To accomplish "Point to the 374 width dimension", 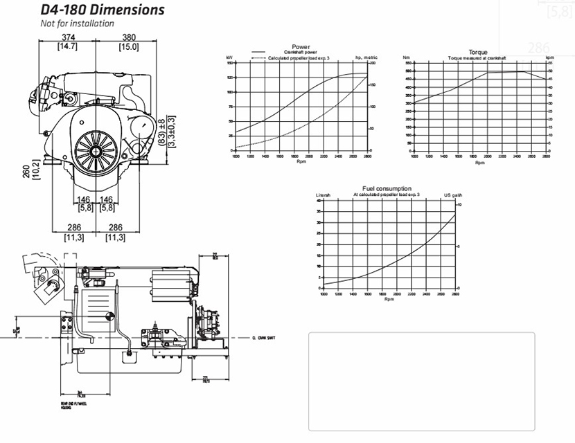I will (x=67, y=37).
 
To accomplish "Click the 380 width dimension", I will (x=128, y=37).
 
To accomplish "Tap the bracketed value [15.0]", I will (x=128, y=47).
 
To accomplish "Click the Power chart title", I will (x=301, y=47).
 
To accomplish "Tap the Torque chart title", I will (x=478, y=52).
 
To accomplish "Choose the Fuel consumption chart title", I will (x=387, y=188).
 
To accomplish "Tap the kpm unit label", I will (x=549, y=57).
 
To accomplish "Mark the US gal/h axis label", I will (x=452, y=195).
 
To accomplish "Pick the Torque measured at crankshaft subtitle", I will (x=477, y=57).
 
